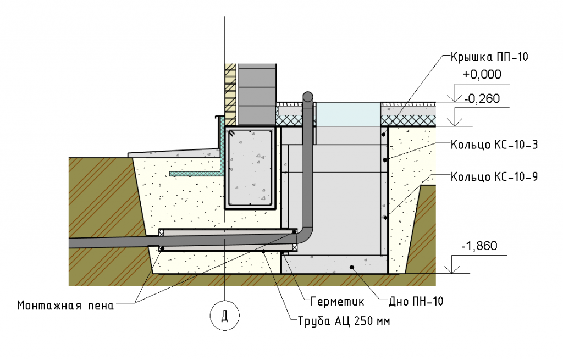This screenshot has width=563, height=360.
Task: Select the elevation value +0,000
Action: pyautogui.click(x=482, y=75)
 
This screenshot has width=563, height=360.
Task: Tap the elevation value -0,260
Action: pyautogui.click(x=481, y=99)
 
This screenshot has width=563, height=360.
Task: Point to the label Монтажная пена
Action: pyautogui.click(x=65, y=306)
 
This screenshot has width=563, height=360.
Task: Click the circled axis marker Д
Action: pyautogui.click(x=224, y=317)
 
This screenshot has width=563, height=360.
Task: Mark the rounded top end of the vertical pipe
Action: pyautogui.click(x=308, y=97)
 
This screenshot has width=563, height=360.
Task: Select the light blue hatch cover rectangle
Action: pyautogui.click(x=348, y=114)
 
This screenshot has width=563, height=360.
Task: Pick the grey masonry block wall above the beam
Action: pyautogui.click(x=256, y=93)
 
